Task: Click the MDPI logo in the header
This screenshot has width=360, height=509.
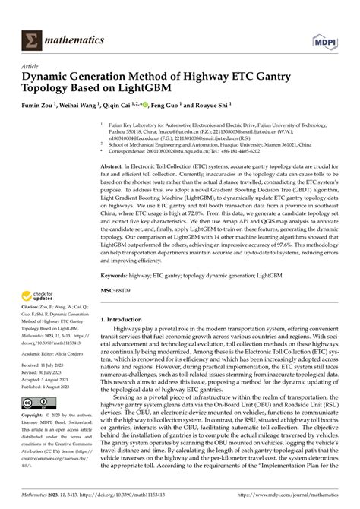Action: [x=326, y=24]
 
